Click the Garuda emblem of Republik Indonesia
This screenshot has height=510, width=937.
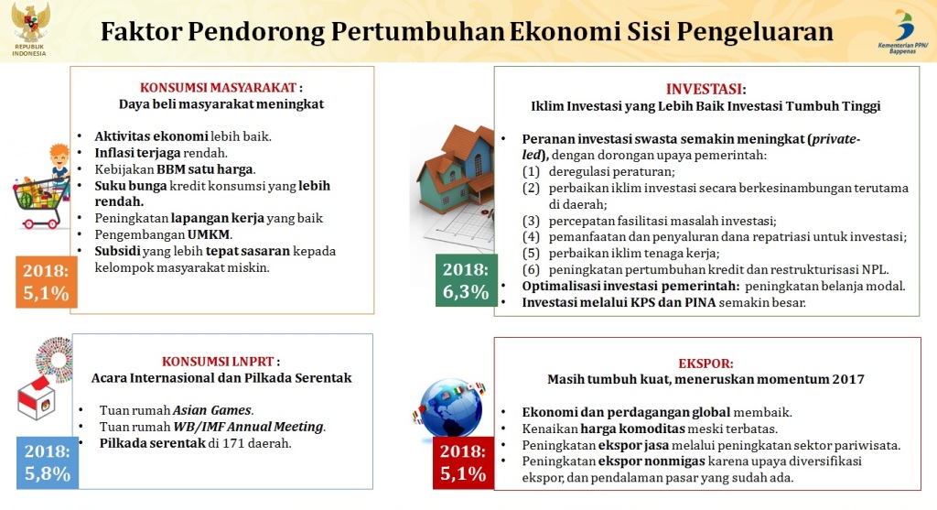coord(30,23)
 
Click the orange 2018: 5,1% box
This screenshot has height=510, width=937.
coord(46,282)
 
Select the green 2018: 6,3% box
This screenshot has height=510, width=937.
coord(466,280)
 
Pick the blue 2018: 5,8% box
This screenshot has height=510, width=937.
coord(48,462)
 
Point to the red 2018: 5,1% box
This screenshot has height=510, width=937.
coord(463,462)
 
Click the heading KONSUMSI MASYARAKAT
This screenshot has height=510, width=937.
coord(218,87)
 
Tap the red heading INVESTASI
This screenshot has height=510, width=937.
coord(704,89)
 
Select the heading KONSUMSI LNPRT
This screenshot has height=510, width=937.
coord(218,361)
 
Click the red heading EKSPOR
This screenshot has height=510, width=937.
coord(705,364)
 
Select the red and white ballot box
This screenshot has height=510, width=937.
coord(36,398)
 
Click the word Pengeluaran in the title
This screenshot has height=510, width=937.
coord(755,32)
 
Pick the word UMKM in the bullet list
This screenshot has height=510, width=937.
coord(209,234)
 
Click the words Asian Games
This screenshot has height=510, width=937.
coord(212,410)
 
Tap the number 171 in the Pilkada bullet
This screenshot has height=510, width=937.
coord(233,443)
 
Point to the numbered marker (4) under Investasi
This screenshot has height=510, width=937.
coord(531,237)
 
